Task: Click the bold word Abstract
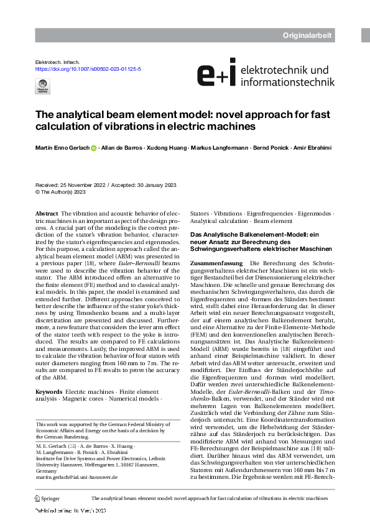[x=47, y=213]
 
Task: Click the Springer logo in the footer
[x=47, y=498]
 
